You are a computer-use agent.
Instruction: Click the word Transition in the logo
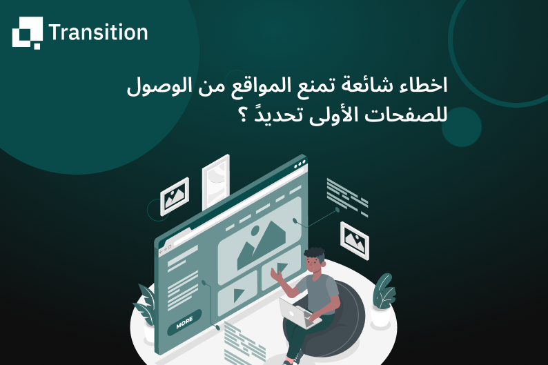click(98, 32)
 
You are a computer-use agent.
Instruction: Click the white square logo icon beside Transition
click(27, 32)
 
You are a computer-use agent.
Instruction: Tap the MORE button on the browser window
click(184, 322)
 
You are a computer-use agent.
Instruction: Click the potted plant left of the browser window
click(146, 308)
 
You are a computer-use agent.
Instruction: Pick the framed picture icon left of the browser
click(174, 197)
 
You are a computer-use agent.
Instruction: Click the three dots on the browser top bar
click(298, 166)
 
